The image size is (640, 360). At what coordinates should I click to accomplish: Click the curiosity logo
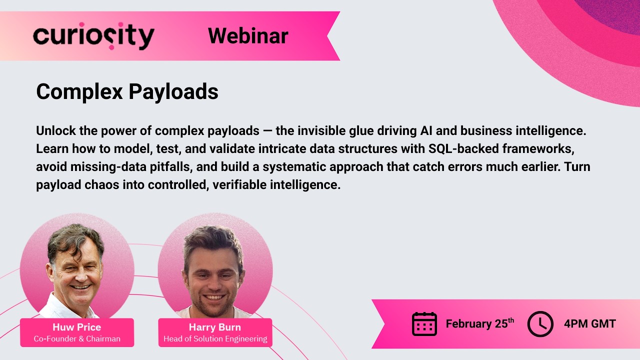[93, 36]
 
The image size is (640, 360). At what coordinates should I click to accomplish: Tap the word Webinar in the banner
[248, 36]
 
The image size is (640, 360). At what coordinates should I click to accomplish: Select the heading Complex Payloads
[127, 92]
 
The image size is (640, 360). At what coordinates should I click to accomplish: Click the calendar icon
[424, 323]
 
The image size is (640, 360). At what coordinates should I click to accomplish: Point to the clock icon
[540, 323]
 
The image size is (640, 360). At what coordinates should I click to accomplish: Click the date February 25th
[479, 323]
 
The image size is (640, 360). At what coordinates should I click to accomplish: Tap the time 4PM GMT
[589, 323]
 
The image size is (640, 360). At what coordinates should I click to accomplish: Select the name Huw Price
[76, 327]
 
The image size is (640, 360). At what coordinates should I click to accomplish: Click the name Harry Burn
[214, 327]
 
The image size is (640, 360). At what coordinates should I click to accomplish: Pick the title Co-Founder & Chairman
[77, 339]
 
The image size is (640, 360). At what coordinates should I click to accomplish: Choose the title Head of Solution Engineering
[215, 339]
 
